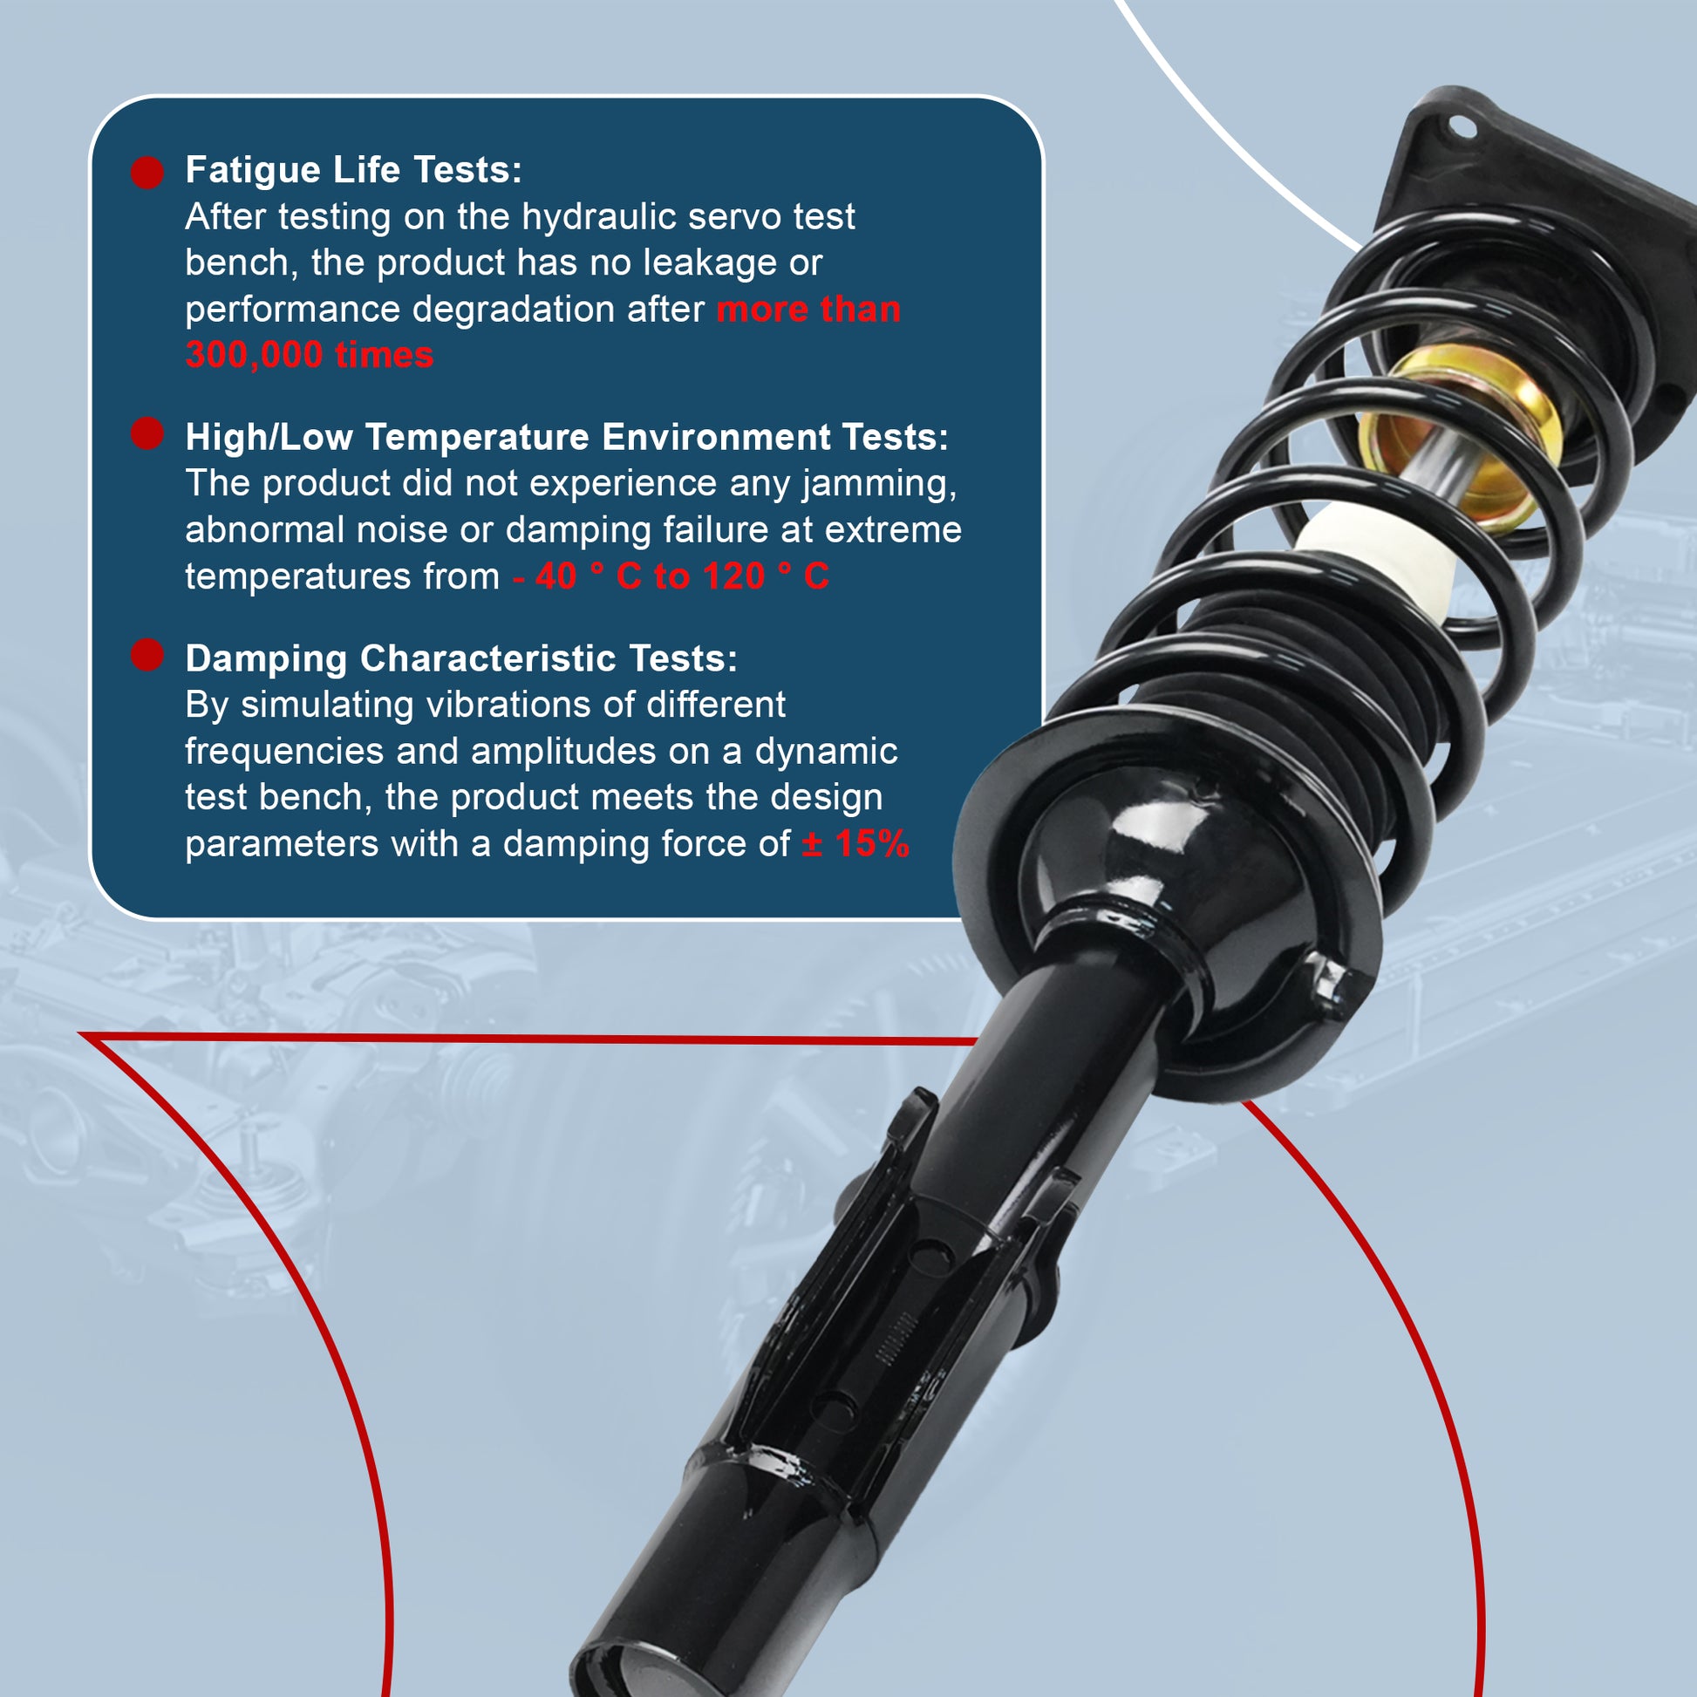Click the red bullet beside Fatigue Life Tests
147,173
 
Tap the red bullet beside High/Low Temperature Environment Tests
147,433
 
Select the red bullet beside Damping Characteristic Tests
147,654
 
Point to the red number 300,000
254,355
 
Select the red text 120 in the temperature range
734,576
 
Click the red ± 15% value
855,843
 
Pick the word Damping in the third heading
266,659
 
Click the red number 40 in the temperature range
555,576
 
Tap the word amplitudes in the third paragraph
564,752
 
